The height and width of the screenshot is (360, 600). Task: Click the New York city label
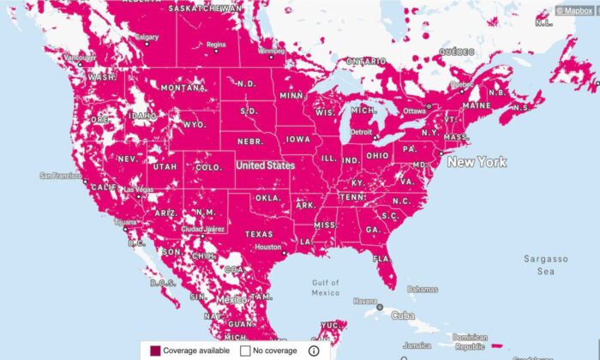(477, 162)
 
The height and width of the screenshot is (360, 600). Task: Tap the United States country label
(266, 165)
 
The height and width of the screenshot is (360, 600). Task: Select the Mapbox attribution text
(578, 11)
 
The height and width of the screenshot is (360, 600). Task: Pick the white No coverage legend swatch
(244, 351)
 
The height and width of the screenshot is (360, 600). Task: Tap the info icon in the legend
(314, 351)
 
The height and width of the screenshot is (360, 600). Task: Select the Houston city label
(267, 247)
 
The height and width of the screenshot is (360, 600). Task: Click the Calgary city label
(147, 37)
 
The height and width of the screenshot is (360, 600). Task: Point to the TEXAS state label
(258, 233)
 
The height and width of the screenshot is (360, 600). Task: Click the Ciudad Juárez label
(203, 229)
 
